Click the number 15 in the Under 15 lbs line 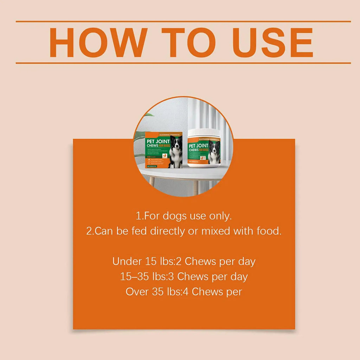(148, 262)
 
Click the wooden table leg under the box (152, 181)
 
